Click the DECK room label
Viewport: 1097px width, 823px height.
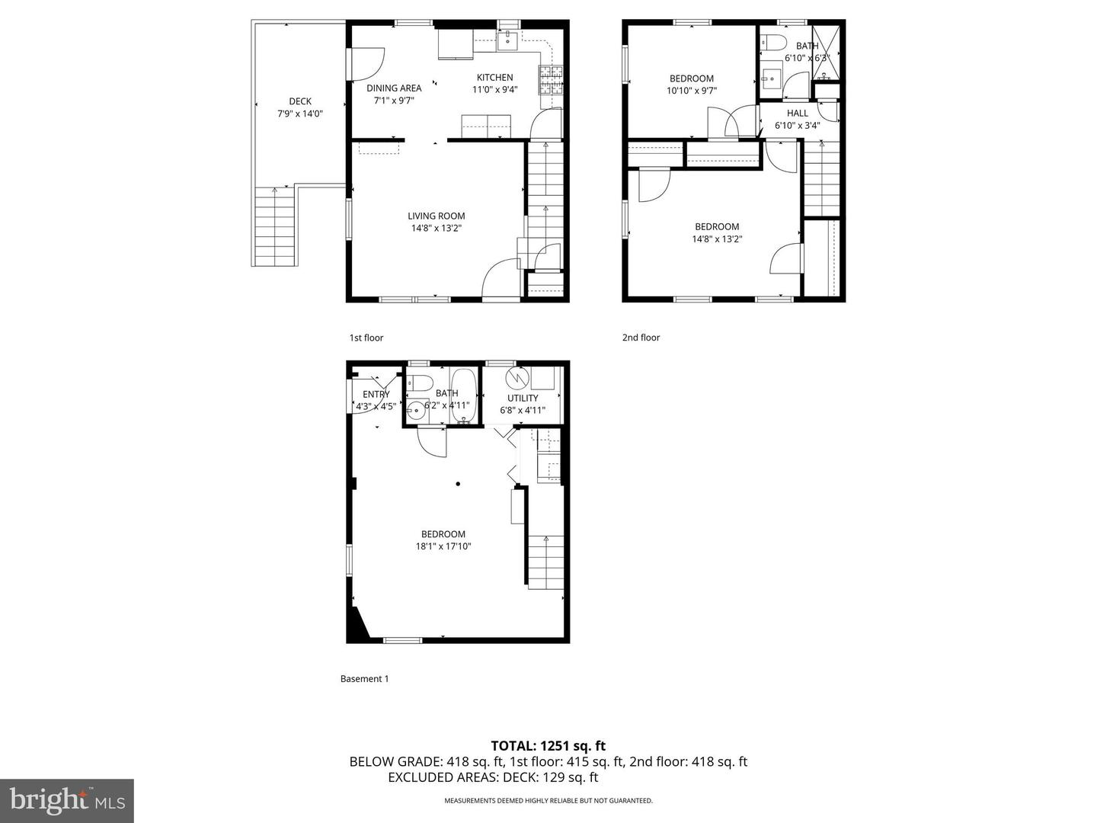[300, 101]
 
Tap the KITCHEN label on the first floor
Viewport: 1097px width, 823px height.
[494, 77]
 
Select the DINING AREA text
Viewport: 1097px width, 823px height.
[394, 88]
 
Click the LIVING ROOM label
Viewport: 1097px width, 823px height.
[436, 216]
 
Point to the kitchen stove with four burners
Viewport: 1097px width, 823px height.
[552, 79]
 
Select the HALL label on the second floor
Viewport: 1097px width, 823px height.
[798, 113]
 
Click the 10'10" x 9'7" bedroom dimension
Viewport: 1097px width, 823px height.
[691, 91]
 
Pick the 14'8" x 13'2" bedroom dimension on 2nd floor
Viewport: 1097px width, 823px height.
[717, 239]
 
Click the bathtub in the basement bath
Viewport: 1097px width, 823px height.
[463, 395]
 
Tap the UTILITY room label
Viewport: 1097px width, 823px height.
[523, 398]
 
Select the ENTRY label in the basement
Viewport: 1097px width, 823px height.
[376, 394]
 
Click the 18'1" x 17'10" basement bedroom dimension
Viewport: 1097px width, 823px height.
[443, 546]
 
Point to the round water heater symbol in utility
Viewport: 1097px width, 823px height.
[518, 378]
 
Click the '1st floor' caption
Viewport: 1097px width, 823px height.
[366, 338]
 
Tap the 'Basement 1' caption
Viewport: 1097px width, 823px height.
[364, 679]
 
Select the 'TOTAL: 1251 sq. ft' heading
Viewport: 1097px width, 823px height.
[548, 746]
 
